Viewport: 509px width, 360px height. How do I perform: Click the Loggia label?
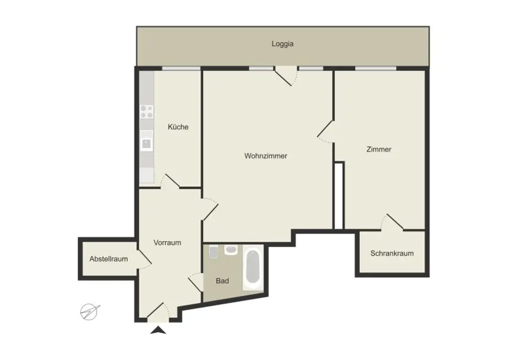(x=282, y=44)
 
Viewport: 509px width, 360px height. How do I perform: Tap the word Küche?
(x=178, y=127)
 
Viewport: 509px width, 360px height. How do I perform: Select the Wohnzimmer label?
(x=265, y=156)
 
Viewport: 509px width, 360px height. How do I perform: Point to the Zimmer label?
(x=379, y=149)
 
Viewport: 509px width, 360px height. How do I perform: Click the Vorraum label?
(x=167, y=243)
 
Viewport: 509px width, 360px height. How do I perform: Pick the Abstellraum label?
(x=108, y=259)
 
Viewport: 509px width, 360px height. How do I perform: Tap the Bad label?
(x=222, y=281)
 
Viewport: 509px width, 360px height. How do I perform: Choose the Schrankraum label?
(x=392, y=253)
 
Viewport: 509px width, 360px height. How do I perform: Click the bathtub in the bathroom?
(x=253, y=269)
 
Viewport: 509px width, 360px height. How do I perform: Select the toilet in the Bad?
(x=213, y=253)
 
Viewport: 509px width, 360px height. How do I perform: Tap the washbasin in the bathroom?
(x=230, y=250)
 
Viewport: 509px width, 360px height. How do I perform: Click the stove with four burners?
(x=146, y=111)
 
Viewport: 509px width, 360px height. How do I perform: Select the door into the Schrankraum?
(x=395, y=222)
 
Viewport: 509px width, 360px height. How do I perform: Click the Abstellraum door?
(x=144, y=257)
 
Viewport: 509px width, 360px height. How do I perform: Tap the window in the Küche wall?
(x=181, y=68)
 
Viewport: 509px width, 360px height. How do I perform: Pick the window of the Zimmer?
(x=375, y=68)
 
